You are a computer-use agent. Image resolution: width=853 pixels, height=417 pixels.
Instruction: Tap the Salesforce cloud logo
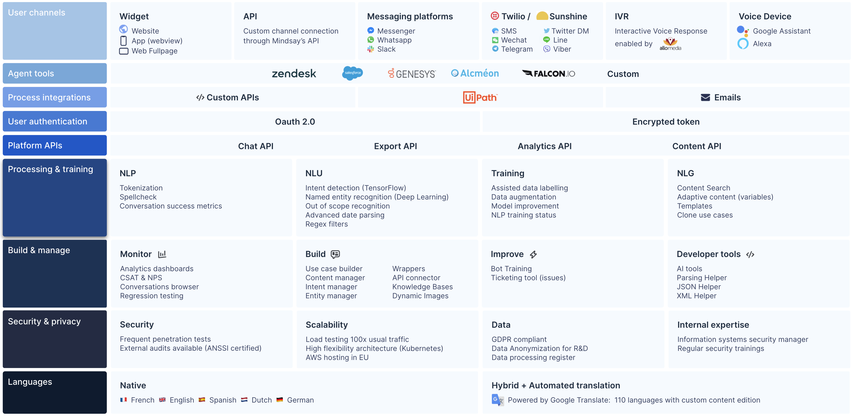pos(352,73)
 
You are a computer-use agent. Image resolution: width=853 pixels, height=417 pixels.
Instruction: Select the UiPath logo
pos(480,97)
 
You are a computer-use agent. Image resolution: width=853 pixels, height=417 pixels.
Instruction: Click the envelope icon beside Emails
pos(705,98)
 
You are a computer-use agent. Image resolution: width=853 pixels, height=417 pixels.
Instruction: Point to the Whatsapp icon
pos(371,40)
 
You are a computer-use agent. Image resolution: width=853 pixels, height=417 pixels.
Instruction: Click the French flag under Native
pos(124,400)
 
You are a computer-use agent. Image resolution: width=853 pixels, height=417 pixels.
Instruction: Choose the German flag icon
pos(279,400)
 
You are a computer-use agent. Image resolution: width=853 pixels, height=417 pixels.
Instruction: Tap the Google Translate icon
pos(498,400)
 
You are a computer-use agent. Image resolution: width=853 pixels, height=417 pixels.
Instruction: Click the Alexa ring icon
pos(743,44)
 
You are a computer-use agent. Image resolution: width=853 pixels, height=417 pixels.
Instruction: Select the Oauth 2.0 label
pos(295,122)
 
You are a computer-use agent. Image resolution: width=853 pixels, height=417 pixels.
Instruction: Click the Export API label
pos(395,146)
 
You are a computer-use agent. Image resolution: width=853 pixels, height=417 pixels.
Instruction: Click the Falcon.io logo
pos(548,73)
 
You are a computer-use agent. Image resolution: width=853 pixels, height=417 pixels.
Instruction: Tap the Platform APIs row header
pos(55,145)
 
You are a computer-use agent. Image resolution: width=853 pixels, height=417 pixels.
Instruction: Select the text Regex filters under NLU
pos(326,224)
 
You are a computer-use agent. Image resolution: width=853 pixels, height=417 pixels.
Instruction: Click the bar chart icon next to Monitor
pos(162,254)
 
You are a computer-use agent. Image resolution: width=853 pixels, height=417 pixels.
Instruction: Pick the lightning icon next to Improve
pos(533,254)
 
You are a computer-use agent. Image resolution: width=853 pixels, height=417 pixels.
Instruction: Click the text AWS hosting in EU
pos(337,357)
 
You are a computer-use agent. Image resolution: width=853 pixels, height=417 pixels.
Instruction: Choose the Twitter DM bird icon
pos(546,31)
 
